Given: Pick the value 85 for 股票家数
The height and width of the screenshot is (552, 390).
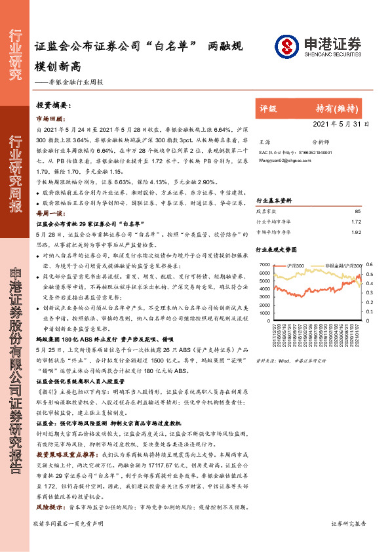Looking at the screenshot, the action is pos(357,212).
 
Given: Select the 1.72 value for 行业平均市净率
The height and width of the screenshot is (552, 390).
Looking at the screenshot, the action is pos(357,222).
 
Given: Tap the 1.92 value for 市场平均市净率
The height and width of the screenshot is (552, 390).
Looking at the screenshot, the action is pos(357,231).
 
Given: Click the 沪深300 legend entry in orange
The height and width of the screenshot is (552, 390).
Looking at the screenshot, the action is pos(294,266).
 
